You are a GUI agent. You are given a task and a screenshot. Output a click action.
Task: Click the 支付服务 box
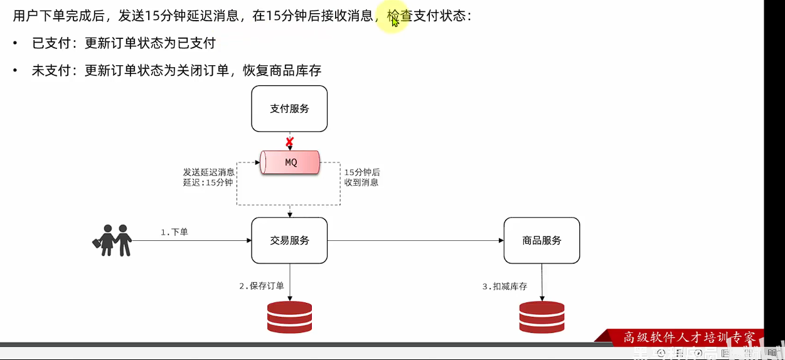click(289, 109)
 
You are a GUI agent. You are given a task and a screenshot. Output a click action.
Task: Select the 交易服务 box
click(289, 240)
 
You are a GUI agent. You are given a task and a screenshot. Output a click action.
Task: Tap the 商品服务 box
click(542, 240)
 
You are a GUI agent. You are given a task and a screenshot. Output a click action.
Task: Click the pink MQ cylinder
click(291, 162)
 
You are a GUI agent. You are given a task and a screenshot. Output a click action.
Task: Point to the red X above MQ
click(289, 142)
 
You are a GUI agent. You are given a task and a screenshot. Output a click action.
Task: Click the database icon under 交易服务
click(289, 317)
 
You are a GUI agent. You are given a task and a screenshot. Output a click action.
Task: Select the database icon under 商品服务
click(542, 317)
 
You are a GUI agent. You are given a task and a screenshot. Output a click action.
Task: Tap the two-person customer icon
click(112, 240)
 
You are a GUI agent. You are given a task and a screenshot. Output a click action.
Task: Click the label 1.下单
click(174, 232)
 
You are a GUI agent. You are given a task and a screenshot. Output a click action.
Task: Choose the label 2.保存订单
click(261, 286)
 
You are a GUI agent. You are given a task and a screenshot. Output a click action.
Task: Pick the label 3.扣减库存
click(505, 286)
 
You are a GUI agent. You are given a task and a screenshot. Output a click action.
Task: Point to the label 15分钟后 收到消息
click(362, 177)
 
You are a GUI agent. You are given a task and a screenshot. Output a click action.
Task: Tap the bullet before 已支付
click(16, 43)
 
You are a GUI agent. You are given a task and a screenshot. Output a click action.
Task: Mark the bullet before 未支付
click(16, 71)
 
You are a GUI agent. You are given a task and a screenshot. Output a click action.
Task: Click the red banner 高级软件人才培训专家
click(689, 337)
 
